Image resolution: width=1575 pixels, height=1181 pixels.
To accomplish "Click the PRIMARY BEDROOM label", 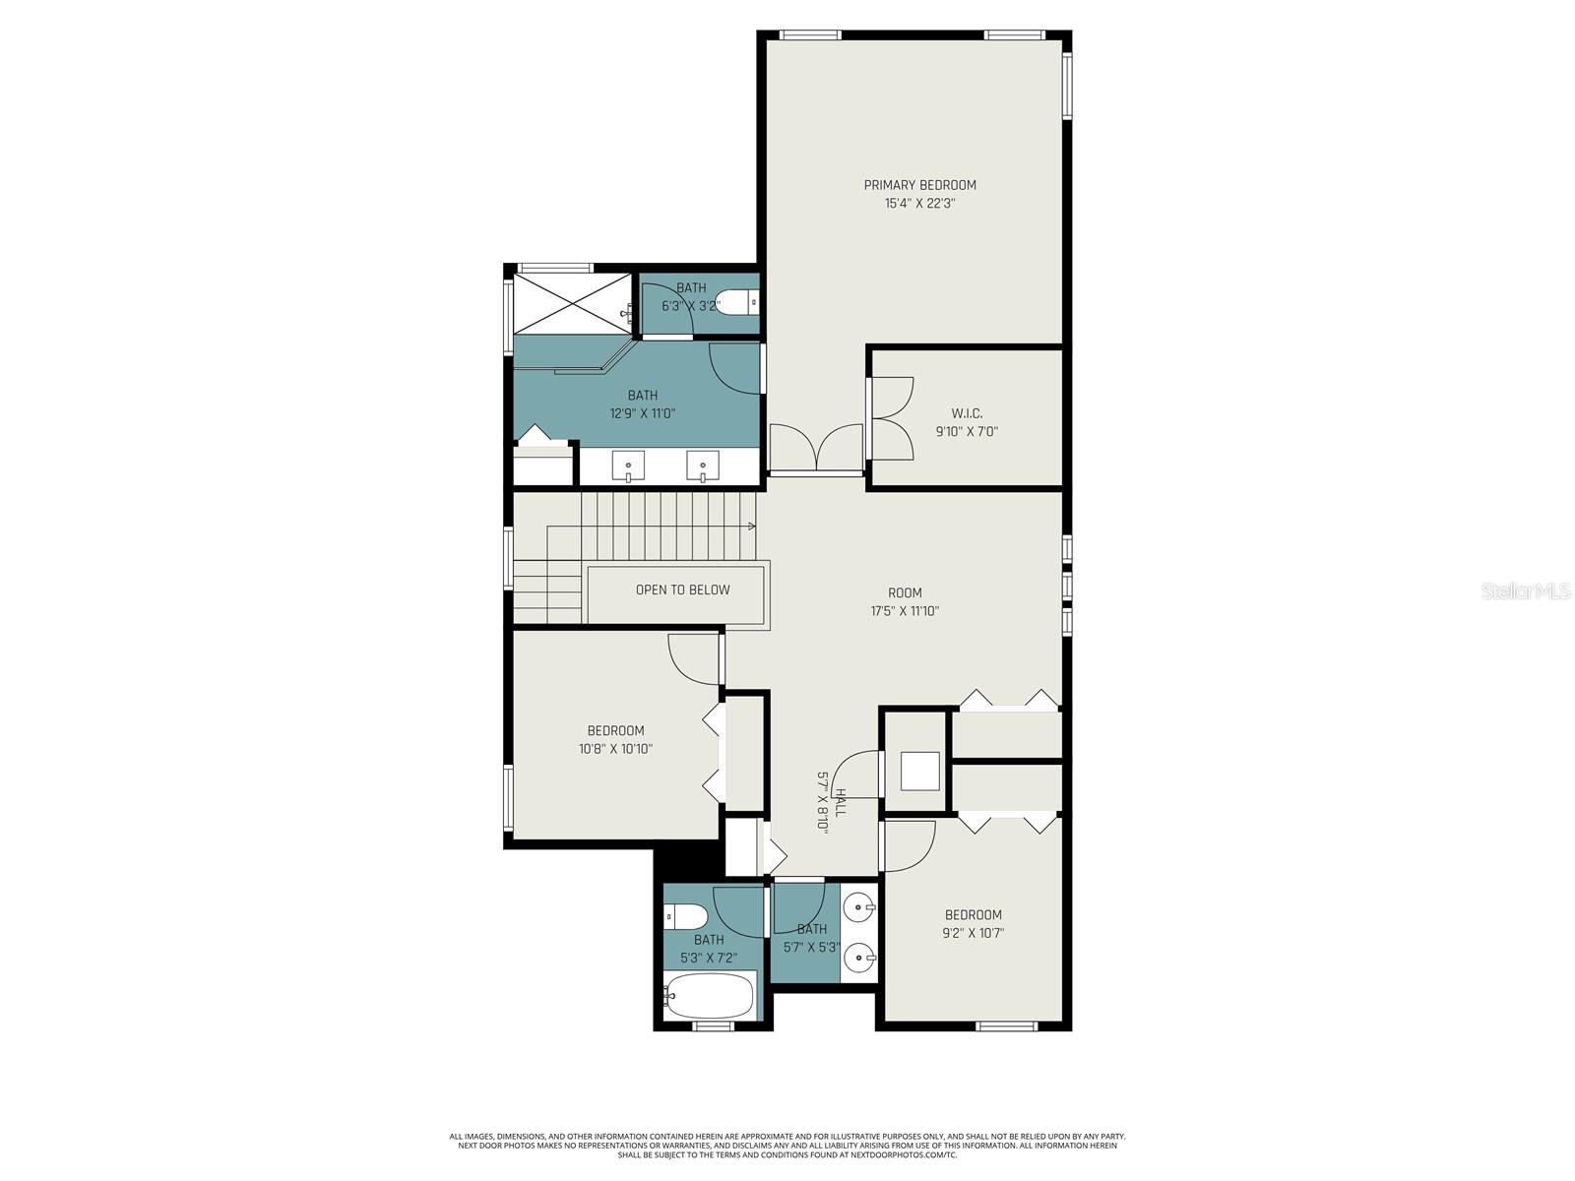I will click(x=919, y=185).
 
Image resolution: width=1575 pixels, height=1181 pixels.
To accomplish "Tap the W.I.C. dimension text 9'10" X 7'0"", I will click(x=966, y=431).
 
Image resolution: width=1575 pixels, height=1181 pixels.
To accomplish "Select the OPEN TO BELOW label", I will click(x=682, y=590).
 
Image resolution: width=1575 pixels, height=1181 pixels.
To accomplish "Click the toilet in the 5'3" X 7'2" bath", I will click(x=686, y=917).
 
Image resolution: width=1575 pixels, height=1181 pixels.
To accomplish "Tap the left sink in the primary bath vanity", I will click(x=628, y=464).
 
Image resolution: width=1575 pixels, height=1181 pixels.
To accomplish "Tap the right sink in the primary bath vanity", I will click(x=703, y=464).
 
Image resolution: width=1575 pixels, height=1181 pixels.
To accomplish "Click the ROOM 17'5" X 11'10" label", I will click(x=905, y=601).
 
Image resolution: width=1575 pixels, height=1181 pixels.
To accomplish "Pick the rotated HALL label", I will click(x=840, y=802).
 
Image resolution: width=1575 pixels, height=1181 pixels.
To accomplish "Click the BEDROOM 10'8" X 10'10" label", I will click(x=615, y=739).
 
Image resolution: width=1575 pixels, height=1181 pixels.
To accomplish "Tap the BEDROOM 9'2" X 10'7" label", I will click(x=973, y=923).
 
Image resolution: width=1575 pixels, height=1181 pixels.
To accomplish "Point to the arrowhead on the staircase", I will click(x=752, y=526).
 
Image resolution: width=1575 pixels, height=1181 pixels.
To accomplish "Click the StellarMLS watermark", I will click(x=1522, y=591).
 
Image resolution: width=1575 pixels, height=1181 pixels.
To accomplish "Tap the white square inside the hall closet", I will click(x=920, y=772).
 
